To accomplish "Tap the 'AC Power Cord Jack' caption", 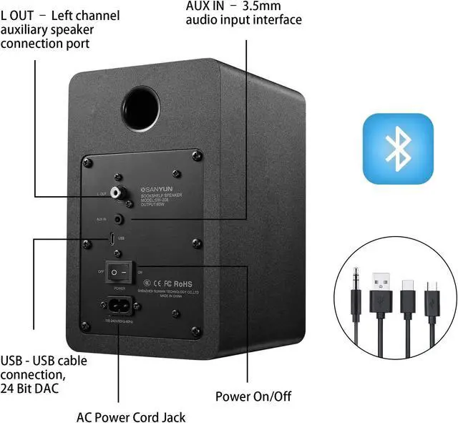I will [131, 417].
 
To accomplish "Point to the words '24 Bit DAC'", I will [30, 389].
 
